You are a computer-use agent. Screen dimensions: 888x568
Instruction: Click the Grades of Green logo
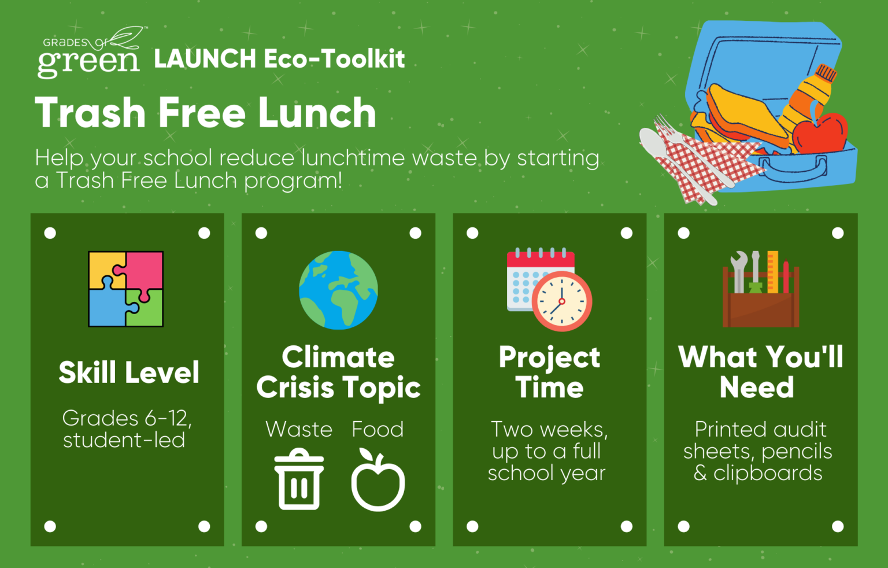(90, 53)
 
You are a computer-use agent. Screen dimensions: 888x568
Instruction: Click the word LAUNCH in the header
(205, 58)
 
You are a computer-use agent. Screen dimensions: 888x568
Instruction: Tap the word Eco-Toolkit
(334, 58)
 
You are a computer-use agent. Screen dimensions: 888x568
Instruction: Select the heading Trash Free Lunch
(205, 113)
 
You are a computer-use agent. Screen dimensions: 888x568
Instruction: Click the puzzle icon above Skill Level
(125, 289)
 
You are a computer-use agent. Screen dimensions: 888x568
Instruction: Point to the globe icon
(338, 290)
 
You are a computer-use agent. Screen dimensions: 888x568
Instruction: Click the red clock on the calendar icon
(562, 301)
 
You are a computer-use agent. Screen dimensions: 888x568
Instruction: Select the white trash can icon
(299, 479)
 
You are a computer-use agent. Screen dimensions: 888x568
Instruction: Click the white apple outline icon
(378, 480)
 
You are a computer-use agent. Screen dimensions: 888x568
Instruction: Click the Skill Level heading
(129, 372)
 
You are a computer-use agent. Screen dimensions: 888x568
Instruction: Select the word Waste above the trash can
(299, 429)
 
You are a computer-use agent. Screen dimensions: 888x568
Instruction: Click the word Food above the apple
(378, 429)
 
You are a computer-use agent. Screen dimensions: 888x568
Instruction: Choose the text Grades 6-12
(127, 418)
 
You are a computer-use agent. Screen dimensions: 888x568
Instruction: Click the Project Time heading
(549, 372)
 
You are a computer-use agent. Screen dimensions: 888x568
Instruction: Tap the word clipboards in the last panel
(768, 474)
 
